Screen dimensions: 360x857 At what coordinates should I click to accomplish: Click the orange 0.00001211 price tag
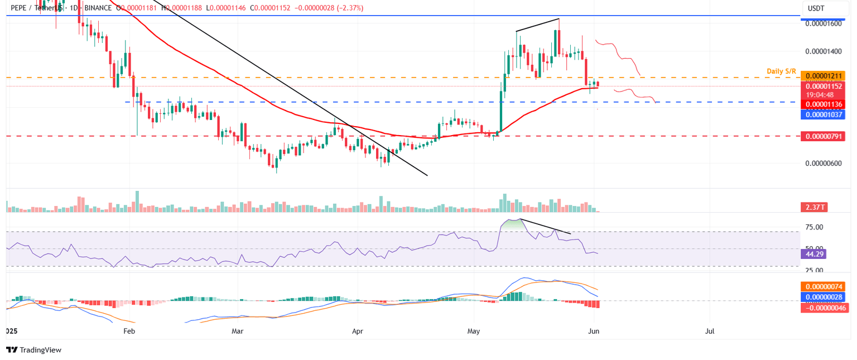(x=822, y=76)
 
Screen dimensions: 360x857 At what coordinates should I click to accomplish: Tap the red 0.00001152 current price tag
(x=822, y=86)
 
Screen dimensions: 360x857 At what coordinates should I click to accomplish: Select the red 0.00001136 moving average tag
(x=822, y=104)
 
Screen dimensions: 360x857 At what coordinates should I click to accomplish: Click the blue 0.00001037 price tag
(x=822, y=114)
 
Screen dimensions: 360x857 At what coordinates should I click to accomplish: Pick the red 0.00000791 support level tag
(x=822, y=136)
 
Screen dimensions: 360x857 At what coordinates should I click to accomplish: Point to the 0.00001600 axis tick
(x=822, y=24)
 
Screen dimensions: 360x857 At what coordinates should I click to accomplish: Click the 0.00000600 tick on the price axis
(x=822, y=163)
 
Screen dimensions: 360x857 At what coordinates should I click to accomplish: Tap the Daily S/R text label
(x=782, y=71)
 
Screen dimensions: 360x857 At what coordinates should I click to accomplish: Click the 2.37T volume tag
(x=813, y=208)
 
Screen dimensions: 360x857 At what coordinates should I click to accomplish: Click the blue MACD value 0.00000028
(x=822, y=297)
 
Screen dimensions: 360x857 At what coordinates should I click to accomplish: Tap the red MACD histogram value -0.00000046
(x=822, y=308)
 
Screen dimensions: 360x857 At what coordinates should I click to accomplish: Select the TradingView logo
(x=33, y=350)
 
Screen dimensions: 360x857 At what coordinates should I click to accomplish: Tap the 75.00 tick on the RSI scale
(x=816, y=227)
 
